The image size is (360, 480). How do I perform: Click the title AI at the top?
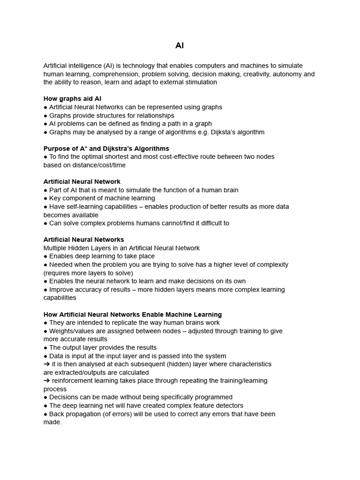pos(180,46)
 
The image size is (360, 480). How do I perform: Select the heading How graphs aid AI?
pos(72,99)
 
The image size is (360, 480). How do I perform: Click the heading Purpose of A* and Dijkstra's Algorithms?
pos(106,149)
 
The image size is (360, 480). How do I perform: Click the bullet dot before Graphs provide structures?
pos(45,116)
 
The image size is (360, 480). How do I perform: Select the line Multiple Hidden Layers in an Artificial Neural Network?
pos(121,248)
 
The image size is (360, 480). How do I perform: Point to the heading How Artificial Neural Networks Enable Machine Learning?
pos(133,315)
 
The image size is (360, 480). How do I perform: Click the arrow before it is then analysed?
pos(46,364)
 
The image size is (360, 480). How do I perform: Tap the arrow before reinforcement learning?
pos(46,381)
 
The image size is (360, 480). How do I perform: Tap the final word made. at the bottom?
pos(52,422)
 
